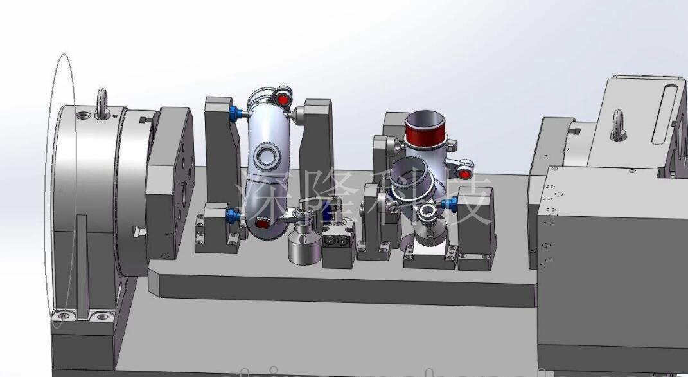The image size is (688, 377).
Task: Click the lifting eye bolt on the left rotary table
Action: point(102,104)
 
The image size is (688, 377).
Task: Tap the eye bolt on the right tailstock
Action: point(618,125)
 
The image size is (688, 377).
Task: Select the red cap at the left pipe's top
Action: point(283,100)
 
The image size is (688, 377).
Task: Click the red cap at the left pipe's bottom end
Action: point(262,224)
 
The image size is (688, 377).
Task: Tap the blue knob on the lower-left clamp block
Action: point(233,216)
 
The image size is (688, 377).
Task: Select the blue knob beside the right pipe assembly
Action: point(450,203)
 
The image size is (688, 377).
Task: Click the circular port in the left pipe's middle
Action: point(267,155)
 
